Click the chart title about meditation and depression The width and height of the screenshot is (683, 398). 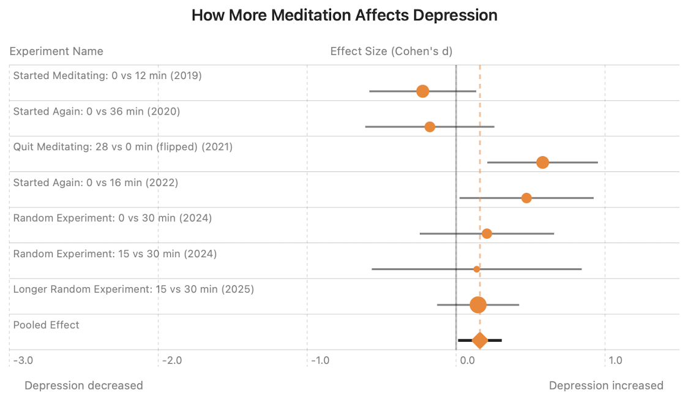click(x=344, y=15)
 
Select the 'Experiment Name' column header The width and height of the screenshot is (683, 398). click(x=56, y=51)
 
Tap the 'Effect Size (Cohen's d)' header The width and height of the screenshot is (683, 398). click(x=391, y=51)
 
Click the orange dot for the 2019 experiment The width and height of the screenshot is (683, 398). click(x=422, y=91)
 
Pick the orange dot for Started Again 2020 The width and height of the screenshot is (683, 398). click(x=430, y=127)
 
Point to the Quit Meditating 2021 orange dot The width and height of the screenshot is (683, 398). click(x=542, y=162)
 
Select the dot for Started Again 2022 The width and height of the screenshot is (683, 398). click(x=526, y=198)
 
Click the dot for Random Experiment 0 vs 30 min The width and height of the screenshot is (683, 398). click(x=487, y=233)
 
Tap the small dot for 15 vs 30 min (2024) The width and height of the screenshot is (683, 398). click(x=477, y=269)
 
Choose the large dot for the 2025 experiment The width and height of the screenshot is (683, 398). click(x=478, y=304)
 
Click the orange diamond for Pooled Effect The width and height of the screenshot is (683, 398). click(x=480, y=340)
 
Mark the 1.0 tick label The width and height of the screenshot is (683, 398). click(x=615, y=360)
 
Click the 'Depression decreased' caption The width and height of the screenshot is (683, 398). click(x=83, y=385)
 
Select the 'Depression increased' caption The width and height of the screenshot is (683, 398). click(x=606, y=385)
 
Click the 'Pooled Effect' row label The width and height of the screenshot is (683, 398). click(x=47, y=325)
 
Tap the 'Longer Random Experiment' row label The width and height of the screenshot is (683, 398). click(x=133, y=289)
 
